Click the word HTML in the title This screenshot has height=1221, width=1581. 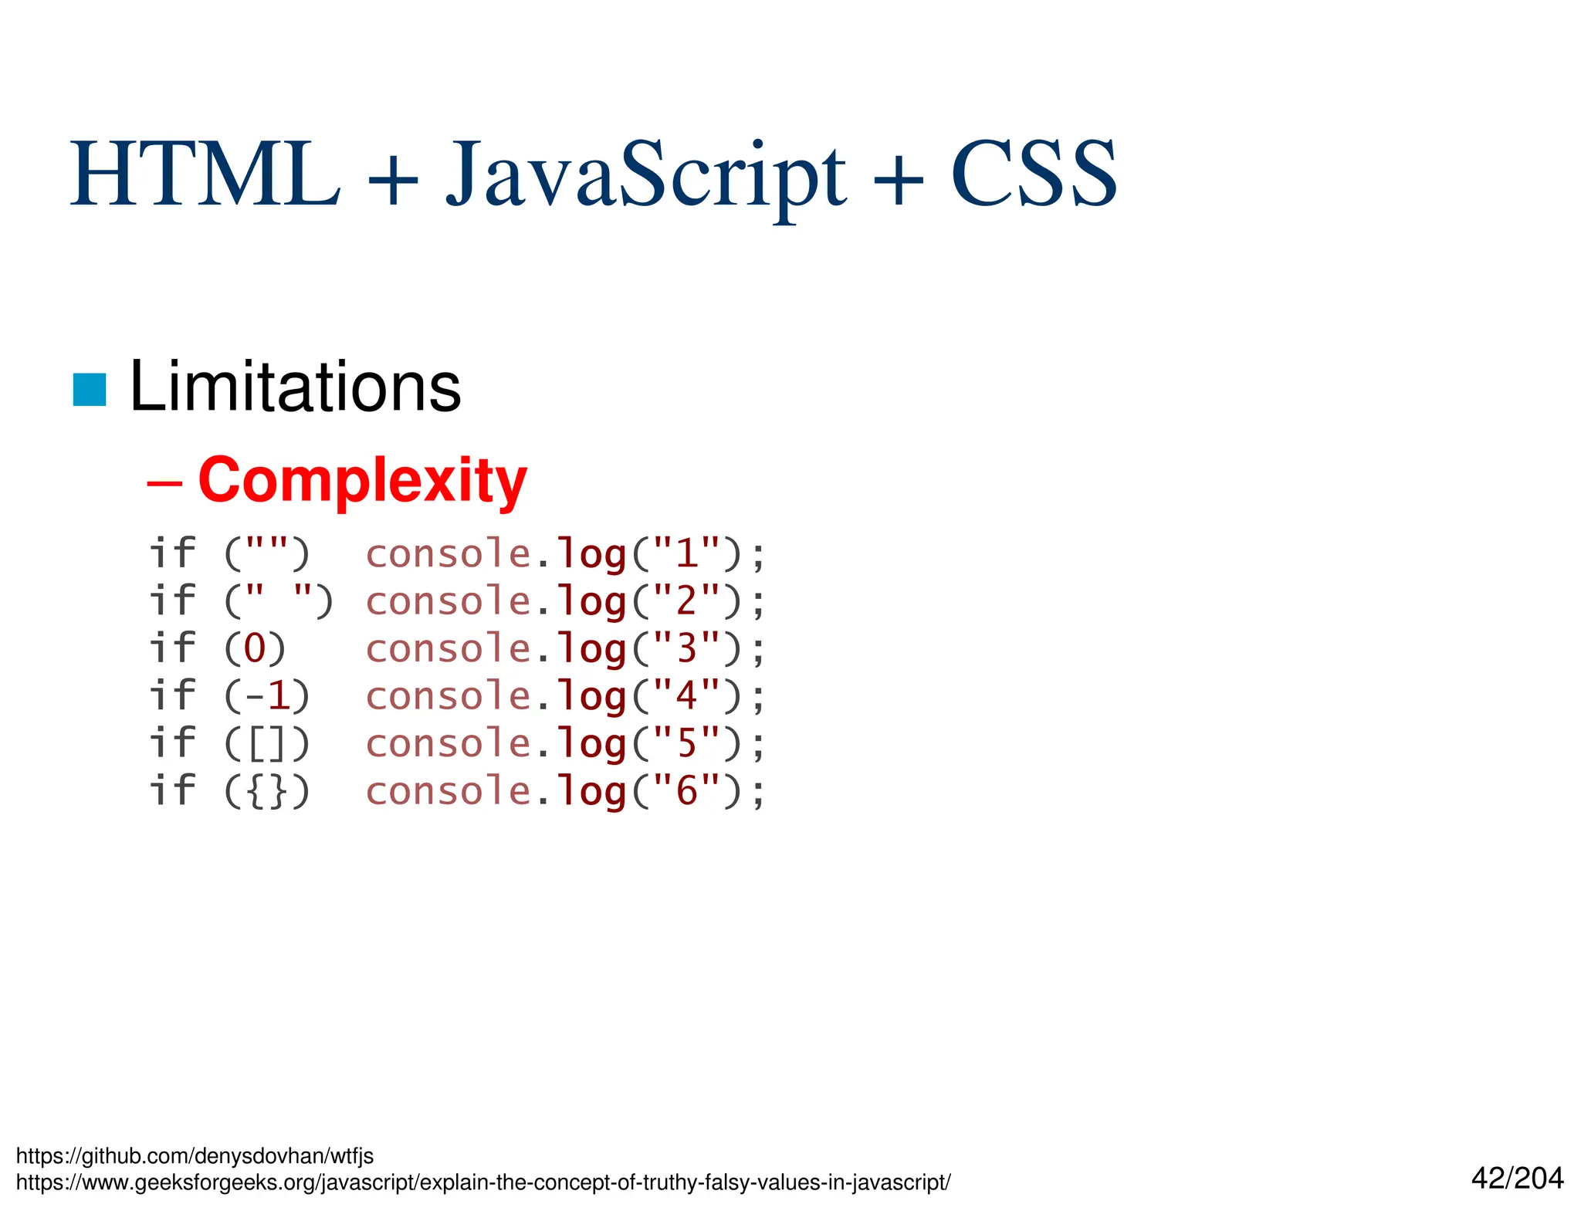(205, 175)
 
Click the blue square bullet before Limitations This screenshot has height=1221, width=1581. (90, 389)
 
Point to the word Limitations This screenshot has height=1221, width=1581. (295, 387)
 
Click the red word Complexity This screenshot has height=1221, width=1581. (362, 481)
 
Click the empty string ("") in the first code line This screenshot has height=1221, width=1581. (266, 553)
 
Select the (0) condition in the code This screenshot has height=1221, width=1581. (255, 648)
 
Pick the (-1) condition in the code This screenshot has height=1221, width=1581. (267, 695)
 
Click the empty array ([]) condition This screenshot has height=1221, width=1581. (267, 743)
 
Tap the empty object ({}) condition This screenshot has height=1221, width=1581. (267, 791)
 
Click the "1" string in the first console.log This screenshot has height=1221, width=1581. (686, 553)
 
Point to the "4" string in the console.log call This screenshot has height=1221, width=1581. (686, 695)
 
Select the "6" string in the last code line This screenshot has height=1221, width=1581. (686, 791)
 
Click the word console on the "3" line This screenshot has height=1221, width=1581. (448, 648)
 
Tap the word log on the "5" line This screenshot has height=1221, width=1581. (591, 745)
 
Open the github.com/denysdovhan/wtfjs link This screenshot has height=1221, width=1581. (195, 1155)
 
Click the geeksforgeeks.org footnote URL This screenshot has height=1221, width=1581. (483, 1182)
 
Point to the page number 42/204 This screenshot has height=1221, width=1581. (1517, 1178)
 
